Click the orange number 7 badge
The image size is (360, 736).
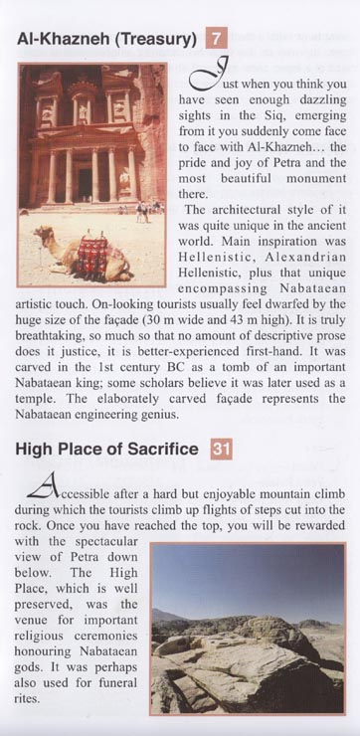point(217,40)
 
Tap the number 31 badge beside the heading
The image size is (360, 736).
point(221,449)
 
